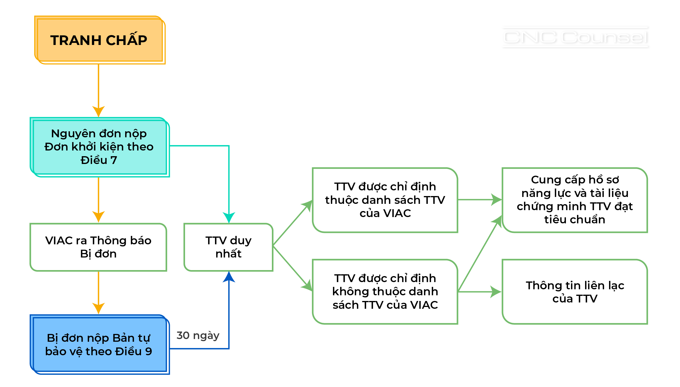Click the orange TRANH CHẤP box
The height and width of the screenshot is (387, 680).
(x=99, y=40)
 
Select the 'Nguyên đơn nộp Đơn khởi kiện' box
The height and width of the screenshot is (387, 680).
(x=99, y=147)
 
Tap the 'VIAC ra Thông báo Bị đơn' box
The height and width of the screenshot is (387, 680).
(x=98, y=247)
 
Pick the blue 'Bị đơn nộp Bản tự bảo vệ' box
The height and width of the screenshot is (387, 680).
(x=99, y=344)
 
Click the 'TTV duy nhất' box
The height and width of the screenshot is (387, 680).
(x=228, y=247)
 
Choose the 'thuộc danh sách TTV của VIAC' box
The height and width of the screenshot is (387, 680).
(x=385, y=200)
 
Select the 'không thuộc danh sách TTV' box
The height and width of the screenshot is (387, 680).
(x=385, y=291)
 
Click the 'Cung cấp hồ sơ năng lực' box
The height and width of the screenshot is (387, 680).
(x=575, y=200)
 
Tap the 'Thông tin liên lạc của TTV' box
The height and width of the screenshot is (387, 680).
(x=575, y=292)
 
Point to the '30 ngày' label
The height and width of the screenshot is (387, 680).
(x=198, y=335)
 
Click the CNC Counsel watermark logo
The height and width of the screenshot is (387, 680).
(x=575, y=37)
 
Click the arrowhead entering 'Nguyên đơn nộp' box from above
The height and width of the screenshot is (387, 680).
(x=99, y=112)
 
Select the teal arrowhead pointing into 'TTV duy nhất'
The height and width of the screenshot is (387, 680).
(x=229, y=217)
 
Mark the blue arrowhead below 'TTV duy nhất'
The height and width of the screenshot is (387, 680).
(x=229, y=277)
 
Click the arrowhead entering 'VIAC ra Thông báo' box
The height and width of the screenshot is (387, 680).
(x=99, y=217)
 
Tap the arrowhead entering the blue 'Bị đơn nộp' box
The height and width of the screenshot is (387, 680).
(x=99, y=308)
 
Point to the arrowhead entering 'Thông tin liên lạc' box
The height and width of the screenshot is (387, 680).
(x=496, y=292)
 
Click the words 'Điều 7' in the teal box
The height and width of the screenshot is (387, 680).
(x=99, y=160)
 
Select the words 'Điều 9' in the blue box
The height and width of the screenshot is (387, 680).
(x=134, y=351)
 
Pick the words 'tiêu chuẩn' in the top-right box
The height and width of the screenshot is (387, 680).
(x=575, y=219)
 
